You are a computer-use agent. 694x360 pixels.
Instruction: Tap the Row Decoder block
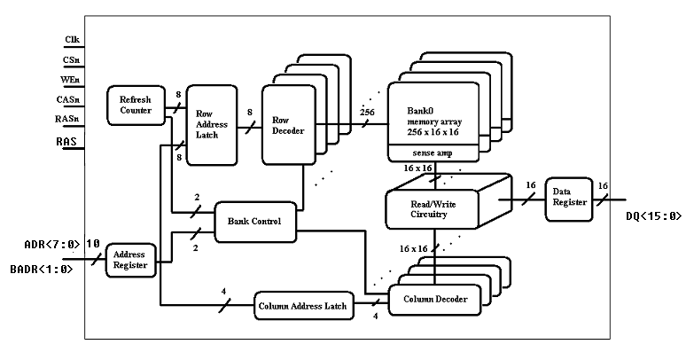(283, 125)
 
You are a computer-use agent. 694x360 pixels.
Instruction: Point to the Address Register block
(131, 259)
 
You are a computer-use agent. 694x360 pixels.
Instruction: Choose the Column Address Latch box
(301, 307)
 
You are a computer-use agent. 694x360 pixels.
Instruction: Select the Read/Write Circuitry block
(433, 208)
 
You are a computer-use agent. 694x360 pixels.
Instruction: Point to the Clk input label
(73, 40)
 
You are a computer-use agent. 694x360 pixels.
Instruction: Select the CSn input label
(73, 59)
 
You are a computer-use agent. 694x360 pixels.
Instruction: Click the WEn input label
(73, 79)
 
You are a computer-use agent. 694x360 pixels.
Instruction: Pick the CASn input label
(72, 99)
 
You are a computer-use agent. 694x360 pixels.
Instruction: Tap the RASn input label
(72, 119)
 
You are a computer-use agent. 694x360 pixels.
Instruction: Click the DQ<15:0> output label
(655, 215)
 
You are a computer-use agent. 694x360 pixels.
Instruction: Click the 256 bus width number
(367, 113)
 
